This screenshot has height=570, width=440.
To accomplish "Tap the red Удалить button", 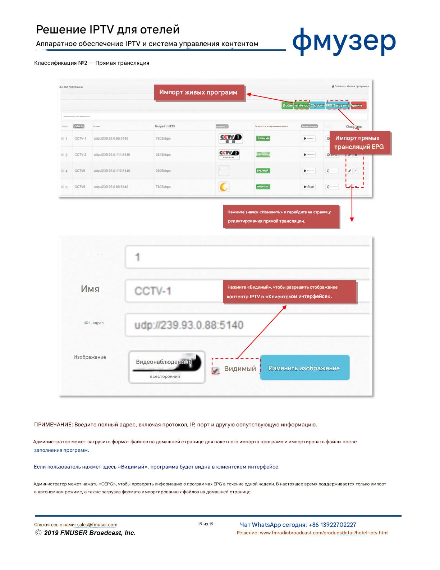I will pyautogui.click(x=358, y=105).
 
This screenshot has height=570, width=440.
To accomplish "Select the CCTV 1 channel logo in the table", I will pyautogui.click(x=230, y=138).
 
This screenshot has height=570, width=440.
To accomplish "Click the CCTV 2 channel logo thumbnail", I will pyautogui.click(x=229, y=154).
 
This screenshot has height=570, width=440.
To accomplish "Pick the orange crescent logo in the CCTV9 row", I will pyautogui.click(x=224, y=187).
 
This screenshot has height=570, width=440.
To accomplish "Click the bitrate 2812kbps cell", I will pyautogui.click(x=163, y=155).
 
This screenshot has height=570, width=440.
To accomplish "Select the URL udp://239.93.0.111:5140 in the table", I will pyautogui.click(x=112, y=155).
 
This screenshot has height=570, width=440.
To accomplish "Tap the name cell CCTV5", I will pyautogui.click(x=80, y=171).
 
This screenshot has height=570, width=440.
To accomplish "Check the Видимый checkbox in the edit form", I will pyautogui.click(x=216, y=370).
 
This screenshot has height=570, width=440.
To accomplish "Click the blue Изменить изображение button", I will pyautogui.click(x=304, y=368).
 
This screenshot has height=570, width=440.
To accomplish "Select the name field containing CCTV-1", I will pyautogui.click(x=173, y=291).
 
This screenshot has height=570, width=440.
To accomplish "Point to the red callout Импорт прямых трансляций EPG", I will pyautogui.click(x=359, y=142).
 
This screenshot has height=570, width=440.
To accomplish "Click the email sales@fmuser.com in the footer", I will pyautogui.click(x=97, y=525).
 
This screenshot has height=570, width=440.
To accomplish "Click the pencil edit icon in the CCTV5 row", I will pyautogui.click(x=349, y=171).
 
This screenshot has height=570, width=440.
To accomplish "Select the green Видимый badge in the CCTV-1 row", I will pyautogui.click(x=263, y=138).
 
